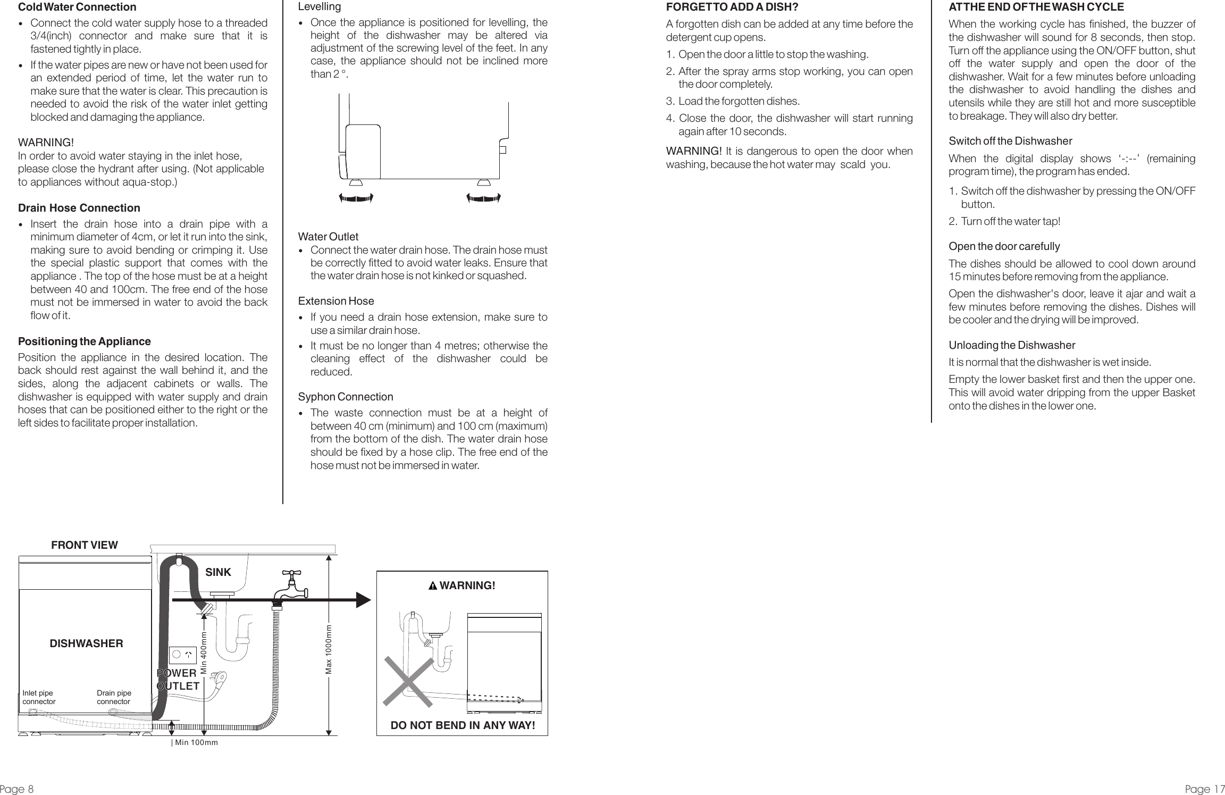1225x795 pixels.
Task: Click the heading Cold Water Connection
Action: tap(77, 7)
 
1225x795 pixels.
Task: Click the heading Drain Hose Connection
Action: tap(79, 208)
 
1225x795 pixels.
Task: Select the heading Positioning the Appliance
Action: tap(84, 341)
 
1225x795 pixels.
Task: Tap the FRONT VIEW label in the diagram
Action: tap(85, 545)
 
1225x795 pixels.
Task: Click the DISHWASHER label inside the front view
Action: tap(86, 643)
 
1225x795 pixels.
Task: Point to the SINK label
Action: tap(219, 572)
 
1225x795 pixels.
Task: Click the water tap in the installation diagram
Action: tap(290, 588)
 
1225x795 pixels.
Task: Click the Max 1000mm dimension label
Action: tap(329, 649)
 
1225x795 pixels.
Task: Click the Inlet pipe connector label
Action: tap(39, 697)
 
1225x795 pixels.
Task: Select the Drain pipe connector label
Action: tap(114, 697)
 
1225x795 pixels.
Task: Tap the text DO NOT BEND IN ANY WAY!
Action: tap(463, 725)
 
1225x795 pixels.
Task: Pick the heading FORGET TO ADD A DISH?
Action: tap(732, 7)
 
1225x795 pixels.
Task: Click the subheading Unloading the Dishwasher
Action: tap(1012, 346)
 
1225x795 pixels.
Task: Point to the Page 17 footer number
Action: tap(1204, 789)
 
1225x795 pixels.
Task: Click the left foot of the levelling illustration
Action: tap(356, 183)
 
